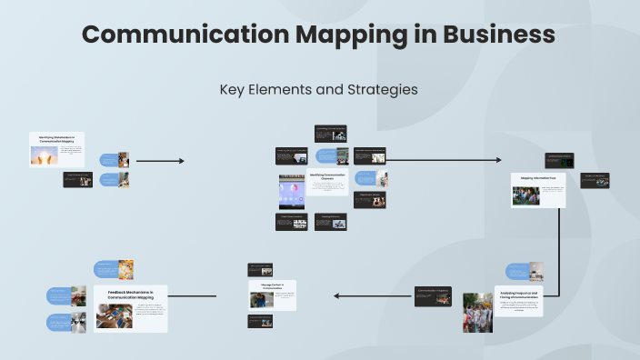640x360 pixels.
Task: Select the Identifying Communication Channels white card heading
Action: pos(327,175)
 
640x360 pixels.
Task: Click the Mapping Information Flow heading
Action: pos(538,177)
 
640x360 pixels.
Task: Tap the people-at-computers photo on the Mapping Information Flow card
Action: pos(525,195)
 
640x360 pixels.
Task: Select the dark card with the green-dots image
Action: pos(559,161)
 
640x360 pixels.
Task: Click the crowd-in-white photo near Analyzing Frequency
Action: pos(477,311)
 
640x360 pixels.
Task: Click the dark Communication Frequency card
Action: pos(433,296)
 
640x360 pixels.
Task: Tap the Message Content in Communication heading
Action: pos(273,285)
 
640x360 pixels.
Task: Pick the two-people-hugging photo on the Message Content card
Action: pos(258,299)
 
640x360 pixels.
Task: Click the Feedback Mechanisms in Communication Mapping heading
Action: pos(131,295)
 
